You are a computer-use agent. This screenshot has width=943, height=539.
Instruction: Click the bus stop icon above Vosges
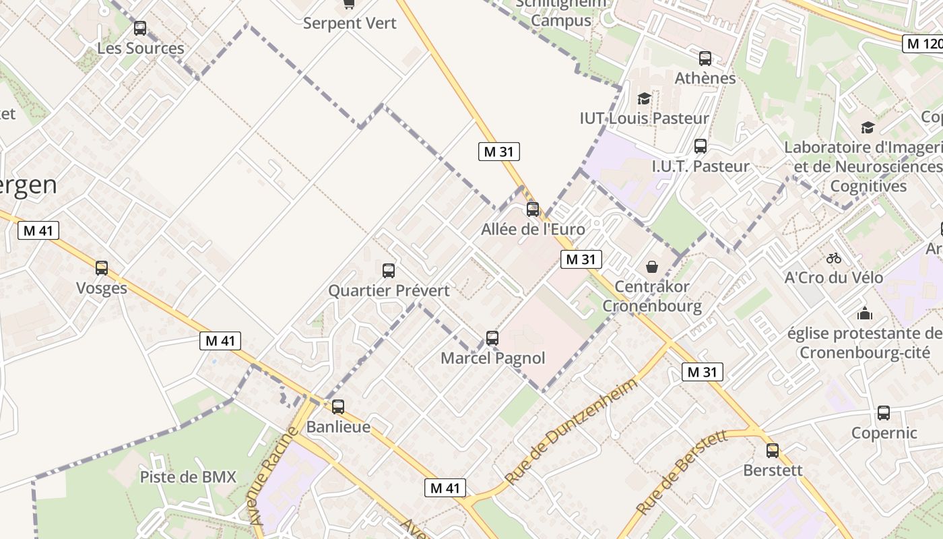[102, 268]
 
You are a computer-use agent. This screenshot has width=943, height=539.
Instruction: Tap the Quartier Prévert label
[389, 291]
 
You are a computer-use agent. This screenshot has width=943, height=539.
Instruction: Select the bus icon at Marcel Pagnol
[492, 338]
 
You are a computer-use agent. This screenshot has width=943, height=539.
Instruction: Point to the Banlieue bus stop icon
[338, 407]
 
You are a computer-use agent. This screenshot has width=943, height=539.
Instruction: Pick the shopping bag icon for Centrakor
[652, 267]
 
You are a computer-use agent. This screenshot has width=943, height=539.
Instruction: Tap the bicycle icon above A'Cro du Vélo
[834, 258]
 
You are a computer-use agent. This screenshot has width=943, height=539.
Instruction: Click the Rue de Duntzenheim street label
[571, 431]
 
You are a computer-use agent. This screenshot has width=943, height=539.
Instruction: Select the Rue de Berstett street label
[682, 472]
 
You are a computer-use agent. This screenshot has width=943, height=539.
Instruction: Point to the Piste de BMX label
[188, 477]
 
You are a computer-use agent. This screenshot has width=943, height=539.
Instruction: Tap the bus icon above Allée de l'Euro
[533, 209]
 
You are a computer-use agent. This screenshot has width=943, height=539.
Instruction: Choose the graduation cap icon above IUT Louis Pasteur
[644, 99]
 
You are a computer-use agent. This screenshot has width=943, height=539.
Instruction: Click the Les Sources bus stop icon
[140, 28]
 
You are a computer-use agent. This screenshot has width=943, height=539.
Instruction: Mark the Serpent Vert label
[350, 23]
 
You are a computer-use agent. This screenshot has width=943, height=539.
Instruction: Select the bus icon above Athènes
[705, 59]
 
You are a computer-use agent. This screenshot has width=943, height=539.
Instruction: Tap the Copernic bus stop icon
[884, 413]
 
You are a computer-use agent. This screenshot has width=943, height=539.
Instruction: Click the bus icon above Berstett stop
[773, 451]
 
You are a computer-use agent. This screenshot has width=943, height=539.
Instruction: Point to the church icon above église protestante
[865, 313]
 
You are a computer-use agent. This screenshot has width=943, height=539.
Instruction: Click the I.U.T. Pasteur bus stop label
[701, 166]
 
